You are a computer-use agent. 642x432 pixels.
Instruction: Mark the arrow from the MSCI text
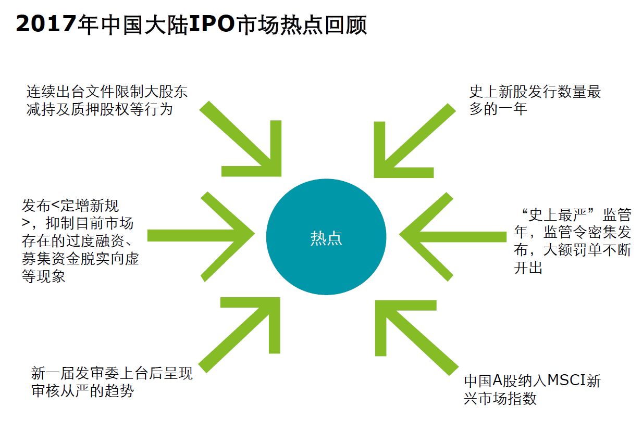click(x=412, y=334)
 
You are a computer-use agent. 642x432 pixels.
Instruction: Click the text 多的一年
click(x=498, y=109)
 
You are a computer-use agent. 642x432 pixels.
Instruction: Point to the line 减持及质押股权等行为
click(x=99, y=110)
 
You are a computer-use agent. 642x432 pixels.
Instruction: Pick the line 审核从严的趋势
click(x=83, y=391)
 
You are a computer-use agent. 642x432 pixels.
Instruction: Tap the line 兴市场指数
click(x=500, y=399)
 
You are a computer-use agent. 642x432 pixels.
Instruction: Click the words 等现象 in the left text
click(x=44, y=276)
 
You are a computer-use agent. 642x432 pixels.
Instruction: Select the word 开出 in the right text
click(x=528, y=268)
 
